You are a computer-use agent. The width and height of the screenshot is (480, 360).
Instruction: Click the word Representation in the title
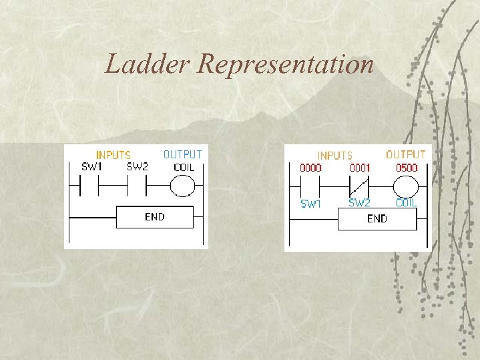click(286, 64)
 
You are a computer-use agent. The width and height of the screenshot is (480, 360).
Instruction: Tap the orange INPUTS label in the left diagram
click(113, 155)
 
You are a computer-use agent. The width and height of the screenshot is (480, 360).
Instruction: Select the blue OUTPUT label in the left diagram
click(182, 154)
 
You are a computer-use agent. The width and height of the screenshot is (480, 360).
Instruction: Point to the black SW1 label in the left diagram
click(91, 167)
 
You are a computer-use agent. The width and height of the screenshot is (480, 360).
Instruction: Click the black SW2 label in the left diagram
click(137, 167)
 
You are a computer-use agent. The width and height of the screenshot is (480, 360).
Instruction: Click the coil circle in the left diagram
click(182, 188)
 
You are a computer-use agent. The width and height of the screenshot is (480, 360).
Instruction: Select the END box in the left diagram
click(155, 217)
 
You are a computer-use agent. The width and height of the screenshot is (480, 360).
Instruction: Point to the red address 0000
click(310, 168)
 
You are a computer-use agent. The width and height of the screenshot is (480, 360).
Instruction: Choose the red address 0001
click(360, 168)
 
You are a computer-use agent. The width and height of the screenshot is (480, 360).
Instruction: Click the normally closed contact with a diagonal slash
click(360, 186)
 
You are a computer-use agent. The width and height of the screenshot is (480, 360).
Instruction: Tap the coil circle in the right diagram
click(405, 186)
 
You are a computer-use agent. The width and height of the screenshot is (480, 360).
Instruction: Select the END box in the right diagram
click(377, 219)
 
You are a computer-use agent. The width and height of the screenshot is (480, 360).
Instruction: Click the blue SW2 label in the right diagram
click(360, 202)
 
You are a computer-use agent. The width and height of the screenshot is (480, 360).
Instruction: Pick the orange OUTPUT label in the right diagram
click(405, 154)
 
